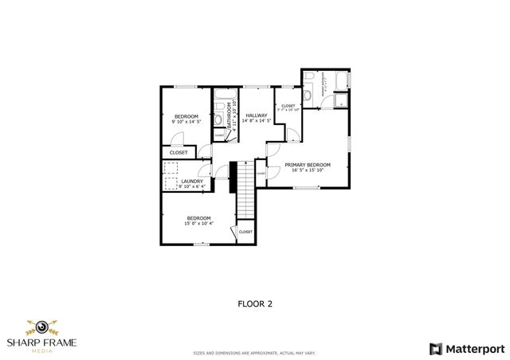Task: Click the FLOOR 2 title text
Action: click(x=255, y=303)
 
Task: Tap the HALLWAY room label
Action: click(x=256, y=115)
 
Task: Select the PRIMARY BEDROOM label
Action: click(x=308, y=165)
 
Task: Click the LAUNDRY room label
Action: click(x=192, y=181)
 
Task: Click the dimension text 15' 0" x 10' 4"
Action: click(x=198, y=224)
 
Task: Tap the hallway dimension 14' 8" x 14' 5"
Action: click(x=257, y=121)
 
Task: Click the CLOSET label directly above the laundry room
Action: click(x=178, y=152)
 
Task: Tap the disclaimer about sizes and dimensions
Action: click(x=255, y=351)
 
